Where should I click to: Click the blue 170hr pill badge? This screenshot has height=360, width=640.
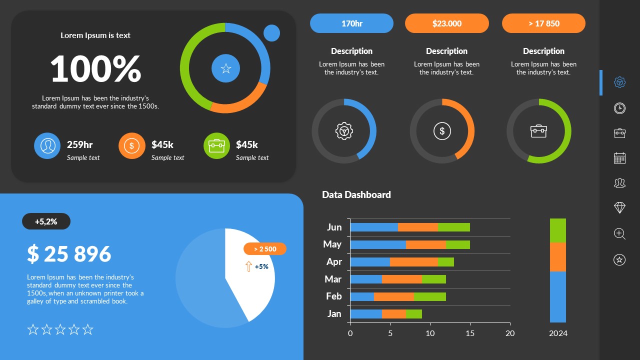click(351, 23)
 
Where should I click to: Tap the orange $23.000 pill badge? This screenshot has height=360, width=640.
click(446, 23)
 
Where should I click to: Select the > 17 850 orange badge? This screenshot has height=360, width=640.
click(543, 23)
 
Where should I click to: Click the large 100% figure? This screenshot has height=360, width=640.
click(95, 69)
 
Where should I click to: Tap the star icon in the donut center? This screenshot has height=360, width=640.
click(225, 68)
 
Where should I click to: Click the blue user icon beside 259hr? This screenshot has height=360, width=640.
click(47, 145)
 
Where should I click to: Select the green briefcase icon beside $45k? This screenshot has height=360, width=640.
click(216, 145)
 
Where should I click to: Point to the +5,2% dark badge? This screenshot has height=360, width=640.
click(46, 221)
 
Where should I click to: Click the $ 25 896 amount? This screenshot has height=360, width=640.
click(69, 254)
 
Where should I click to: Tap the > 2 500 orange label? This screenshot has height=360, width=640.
click(265, 249)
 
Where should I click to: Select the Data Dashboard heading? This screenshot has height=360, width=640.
click(356, 195)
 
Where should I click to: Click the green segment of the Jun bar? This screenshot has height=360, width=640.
click(453, 227)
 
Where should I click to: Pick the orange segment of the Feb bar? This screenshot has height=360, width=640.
click(393, 296)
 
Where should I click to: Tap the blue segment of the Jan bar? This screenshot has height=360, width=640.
click(365, 314)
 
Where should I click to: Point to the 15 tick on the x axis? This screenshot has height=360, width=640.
click(470, 333)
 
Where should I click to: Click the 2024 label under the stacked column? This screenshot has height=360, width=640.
click(558, 333)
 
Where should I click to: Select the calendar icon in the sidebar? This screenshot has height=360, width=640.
click(619, 158)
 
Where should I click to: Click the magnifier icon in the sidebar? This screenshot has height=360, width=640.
click(619, 233)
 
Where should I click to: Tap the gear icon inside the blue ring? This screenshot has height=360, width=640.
click(344, 131)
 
